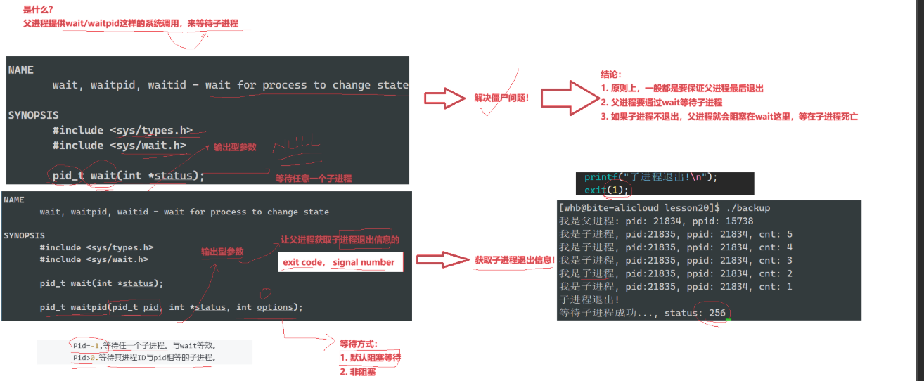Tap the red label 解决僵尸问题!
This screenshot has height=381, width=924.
[x=502, y=100]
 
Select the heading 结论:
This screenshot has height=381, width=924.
[x=611, y=75]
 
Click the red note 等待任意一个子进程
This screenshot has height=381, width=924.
[x=313, y=179]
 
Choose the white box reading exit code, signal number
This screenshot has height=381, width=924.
[x=338, y=263]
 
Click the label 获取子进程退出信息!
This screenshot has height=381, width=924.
[x=515, y=260]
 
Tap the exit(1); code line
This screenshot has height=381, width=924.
[x=607, y=190]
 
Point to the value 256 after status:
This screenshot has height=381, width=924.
[x=714, y=313]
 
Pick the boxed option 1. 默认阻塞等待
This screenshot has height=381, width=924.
[x=370, y=358]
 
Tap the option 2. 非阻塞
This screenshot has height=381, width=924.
[x=357, y=372]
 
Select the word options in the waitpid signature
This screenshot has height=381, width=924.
[x=274, y=307]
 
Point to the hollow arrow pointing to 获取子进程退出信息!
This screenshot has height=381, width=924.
[x=442, y=260]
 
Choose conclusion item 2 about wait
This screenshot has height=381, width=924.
[x=661, y=103]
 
